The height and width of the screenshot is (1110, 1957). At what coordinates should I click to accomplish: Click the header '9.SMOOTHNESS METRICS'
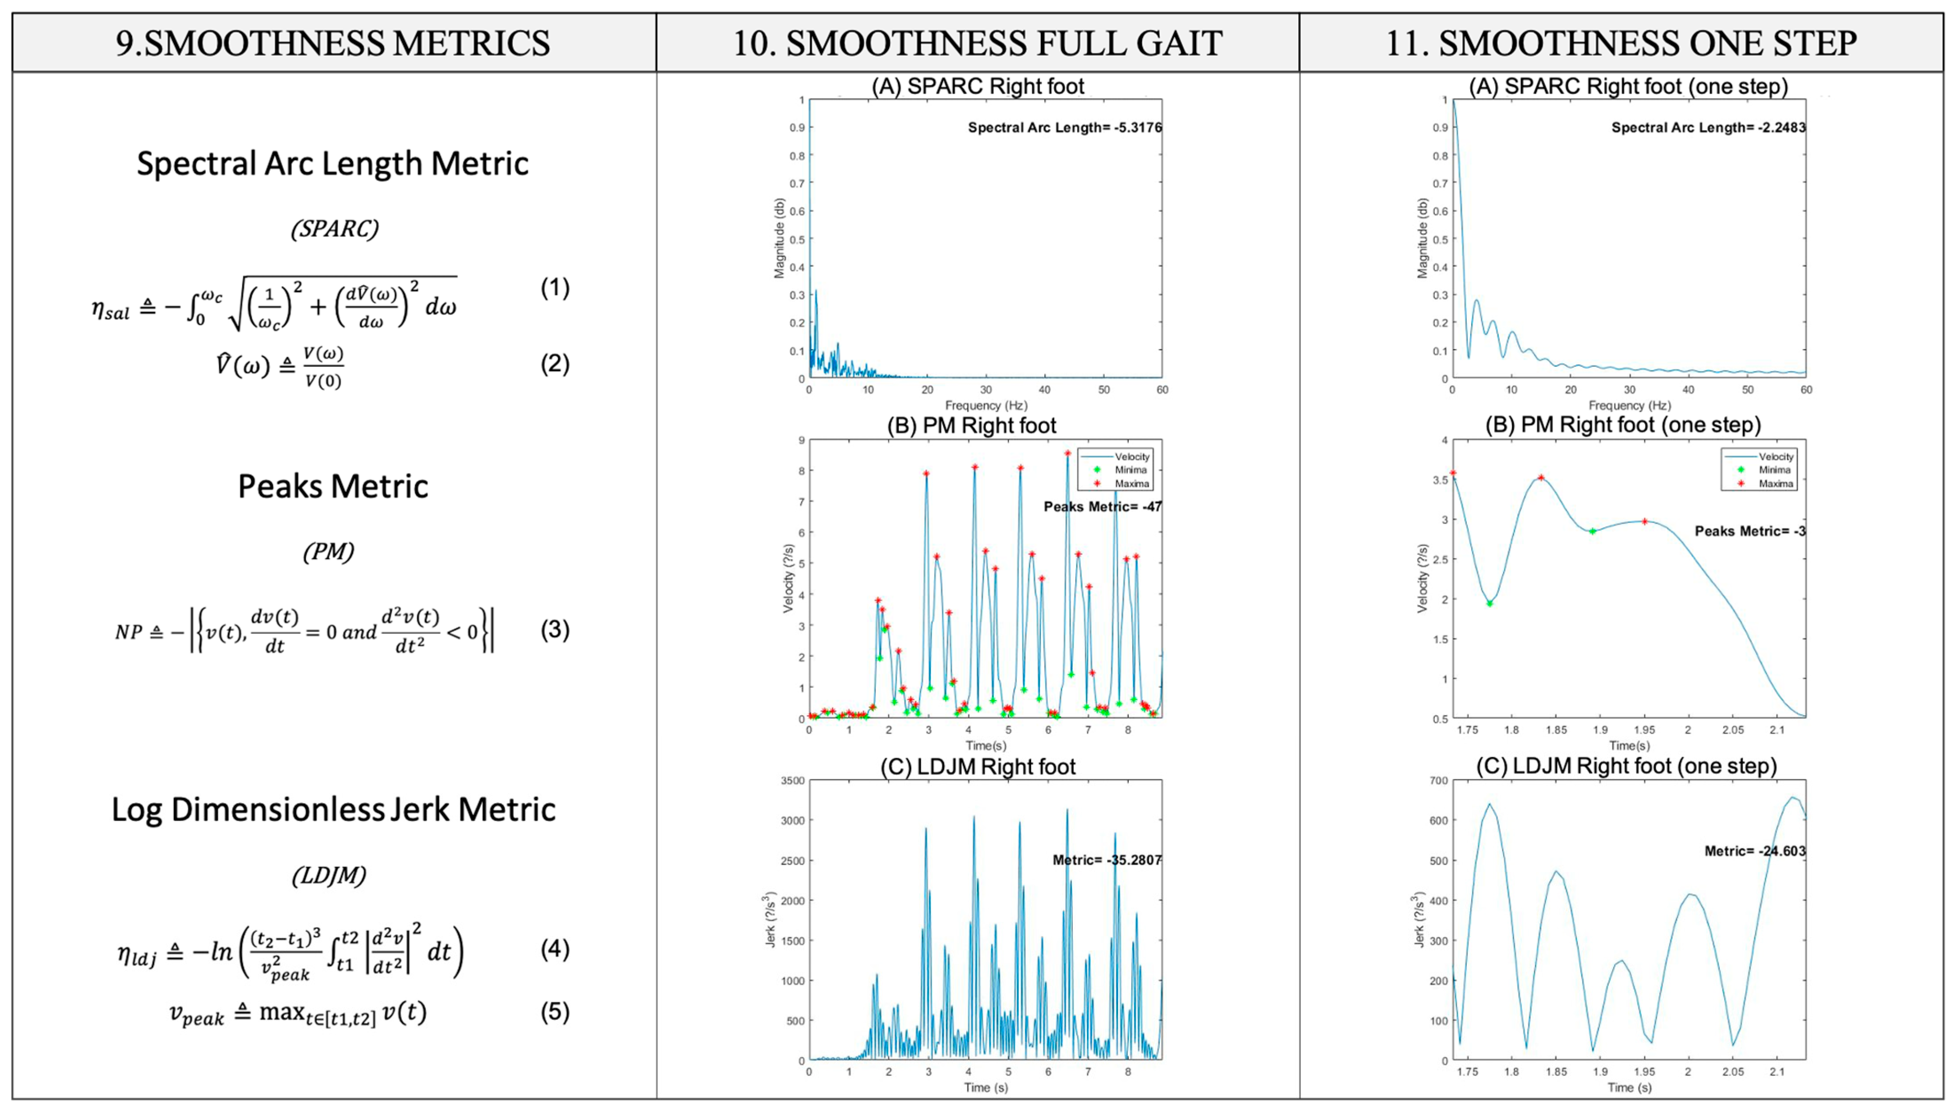pos(333,43)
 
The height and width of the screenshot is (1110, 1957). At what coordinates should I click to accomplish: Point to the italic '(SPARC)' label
pos(334,228)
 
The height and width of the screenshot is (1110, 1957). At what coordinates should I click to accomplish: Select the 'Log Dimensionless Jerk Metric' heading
pos(333,810)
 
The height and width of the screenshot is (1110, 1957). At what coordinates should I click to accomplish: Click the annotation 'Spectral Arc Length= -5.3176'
pos(1064,127)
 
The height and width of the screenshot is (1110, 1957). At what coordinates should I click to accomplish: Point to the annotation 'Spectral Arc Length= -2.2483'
pos(1708,127)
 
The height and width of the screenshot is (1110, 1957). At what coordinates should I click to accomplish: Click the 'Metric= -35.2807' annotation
pos(1106,860)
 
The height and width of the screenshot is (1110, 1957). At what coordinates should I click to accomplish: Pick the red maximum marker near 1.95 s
pos(1644,521)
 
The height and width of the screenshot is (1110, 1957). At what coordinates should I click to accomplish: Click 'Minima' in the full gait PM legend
pos(1130,470)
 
